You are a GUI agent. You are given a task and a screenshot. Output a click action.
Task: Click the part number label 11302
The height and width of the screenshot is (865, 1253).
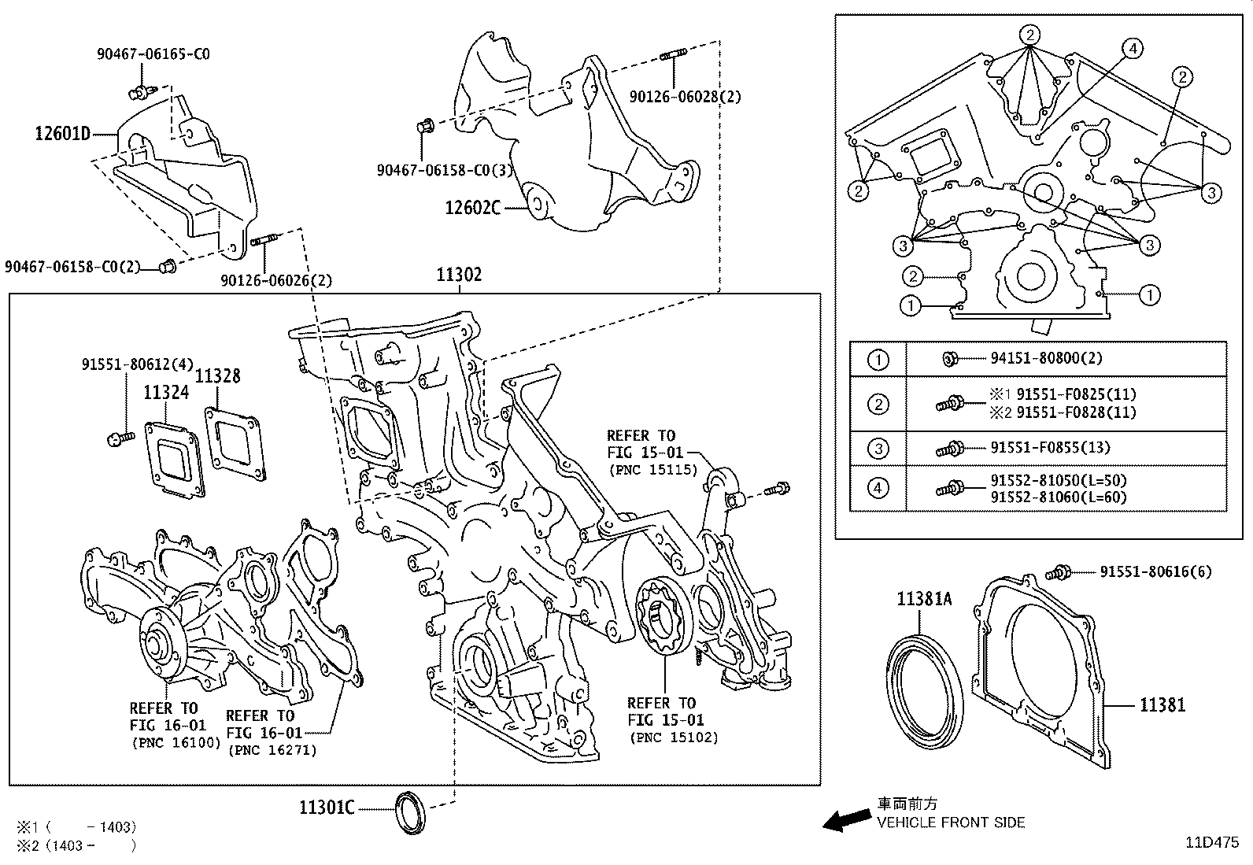(x=460, y=275)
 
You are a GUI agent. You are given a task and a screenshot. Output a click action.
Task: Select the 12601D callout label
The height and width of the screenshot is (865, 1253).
(x=62, y=134)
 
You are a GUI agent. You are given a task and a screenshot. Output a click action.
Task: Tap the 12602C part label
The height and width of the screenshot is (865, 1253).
(x=472, y=208)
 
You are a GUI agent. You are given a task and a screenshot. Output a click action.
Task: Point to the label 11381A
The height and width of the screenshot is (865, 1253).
(x=924, y=600)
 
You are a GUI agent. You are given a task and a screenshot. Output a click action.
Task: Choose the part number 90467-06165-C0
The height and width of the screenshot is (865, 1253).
(x=153, y=54)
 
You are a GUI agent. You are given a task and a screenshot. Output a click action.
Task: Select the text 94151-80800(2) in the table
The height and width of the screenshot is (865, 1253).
(x=1046, y=358)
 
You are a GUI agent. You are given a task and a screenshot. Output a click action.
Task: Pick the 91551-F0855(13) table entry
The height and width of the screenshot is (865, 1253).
(x=1050, y=448)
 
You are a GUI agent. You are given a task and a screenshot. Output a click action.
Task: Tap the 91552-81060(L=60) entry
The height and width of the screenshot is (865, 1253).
(x=1058, y=497)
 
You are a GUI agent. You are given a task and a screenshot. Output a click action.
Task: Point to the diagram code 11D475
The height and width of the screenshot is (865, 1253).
(x=1213, y=841)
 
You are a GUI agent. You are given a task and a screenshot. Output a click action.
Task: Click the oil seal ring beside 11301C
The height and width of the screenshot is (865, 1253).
(x=409, y=812)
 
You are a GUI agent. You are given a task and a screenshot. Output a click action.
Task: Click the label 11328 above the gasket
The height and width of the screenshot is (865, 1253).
(x=217, y=377)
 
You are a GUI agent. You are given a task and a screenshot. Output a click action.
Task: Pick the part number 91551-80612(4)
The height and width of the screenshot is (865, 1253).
(x=137, y=364)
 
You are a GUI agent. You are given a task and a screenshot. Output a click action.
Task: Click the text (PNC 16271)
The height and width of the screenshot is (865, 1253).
(x=272, y=751)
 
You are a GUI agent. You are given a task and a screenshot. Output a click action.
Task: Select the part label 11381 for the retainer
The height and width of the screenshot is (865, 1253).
(x=1162, y=705)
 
